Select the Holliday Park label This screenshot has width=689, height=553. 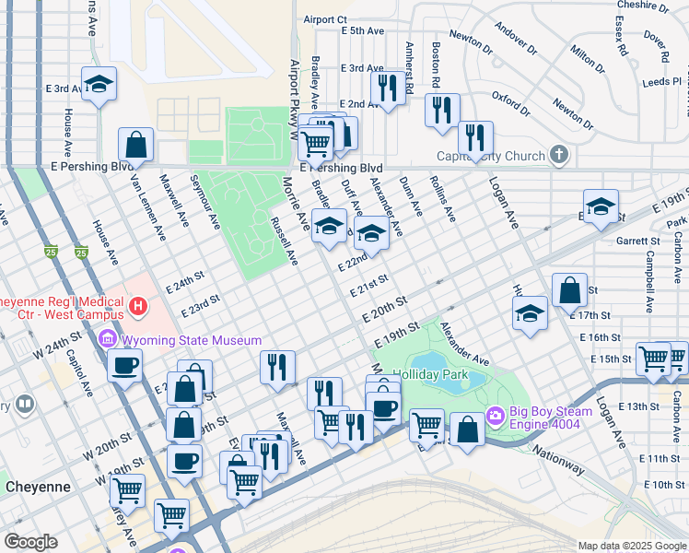coord(430,376)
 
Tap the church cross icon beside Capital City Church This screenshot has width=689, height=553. coord(558,155)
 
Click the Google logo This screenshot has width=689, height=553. coord(31,542)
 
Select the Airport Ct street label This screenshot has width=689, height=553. coord(325,18)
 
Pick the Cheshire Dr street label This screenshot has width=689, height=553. coord(642,6)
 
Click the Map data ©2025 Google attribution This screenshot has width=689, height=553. coord(631,546)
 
